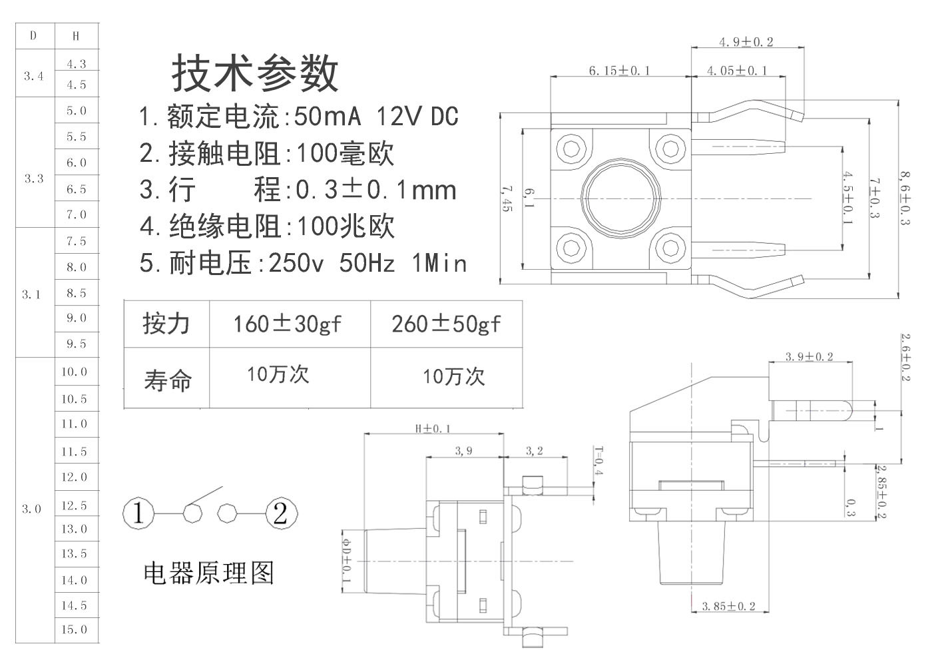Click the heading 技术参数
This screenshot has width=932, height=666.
pos(255,73)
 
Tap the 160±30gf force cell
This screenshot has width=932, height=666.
pos(287,324)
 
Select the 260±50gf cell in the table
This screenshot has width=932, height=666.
pos(446,324)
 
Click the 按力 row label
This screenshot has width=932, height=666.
pos(166,324)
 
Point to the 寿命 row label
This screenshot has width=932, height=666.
pos(167,380)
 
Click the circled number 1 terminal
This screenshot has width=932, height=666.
pos(138,513)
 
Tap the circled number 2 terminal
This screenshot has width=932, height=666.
pos(281,513)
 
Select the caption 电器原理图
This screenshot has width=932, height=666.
pos(208,573)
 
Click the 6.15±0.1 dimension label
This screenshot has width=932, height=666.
pos(619,71)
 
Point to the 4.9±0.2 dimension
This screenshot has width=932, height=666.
pos(746,42)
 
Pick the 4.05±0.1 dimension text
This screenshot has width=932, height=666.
pos(736,71)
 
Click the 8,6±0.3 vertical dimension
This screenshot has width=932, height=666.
pos(905,198)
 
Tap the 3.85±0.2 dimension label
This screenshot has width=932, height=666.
pos(729,606)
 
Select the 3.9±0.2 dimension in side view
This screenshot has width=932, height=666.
pos(809,357)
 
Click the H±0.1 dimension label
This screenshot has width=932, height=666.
pos(433,428)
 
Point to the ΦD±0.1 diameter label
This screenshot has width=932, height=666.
pos(346,559)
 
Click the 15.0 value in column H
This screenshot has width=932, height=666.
pos(75,629)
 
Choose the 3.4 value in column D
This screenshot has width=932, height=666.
pos(33,76)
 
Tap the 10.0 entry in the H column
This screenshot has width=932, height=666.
pos(75,372)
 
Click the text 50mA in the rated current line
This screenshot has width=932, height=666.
pos(328,117)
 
